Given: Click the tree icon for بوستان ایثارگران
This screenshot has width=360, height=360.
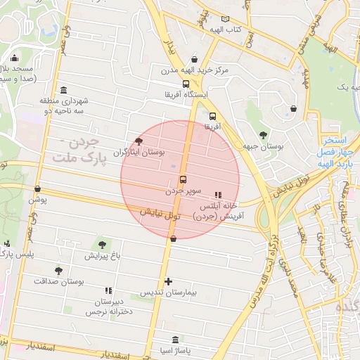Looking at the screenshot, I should tap(139, 141).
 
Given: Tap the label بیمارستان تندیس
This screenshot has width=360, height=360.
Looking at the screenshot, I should tap(169, 292).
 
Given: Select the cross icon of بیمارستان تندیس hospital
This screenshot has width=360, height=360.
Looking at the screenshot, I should tap(168, 281).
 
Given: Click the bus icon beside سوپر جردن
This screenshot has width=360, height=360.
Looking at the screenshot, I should tap(184, 179).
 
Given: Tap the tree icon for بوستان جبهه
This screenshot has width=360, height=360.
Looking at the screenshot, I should tap(263, 135).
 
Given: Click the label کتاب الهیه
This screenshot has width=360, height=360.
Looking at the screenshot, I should tap(247, 29).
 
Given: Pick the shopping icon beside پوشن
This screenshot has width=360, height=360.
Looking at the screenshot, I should tap(37, 189).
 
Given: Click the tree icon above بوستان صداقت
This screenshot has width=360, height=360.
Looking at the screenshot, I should tap(58, 270).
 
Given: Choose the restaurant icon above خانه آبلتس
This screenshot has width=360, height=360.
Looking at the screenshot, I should tap(217, 195).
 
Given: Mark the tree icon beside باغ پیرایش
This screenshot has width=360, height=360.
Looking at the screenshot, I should tap(103, 245).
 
